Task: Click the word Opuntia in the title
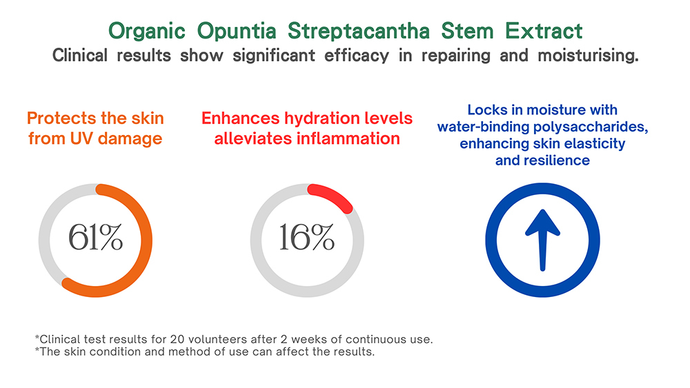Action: [x=236, y=32]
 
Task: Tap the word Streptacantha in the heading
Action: [x=359, y=32]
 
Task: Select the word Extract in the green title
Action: [x=544, y=31]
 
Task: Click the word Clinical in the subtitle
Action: [x=79, y=55]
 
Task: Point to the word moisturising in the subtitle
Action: [x=588, y=56]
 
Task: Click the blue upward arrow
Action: [x=542, y=240]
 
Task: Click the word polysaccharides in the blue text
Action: [x=591, y=127]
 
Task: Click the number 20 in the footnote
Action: [x=177, y=339]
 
